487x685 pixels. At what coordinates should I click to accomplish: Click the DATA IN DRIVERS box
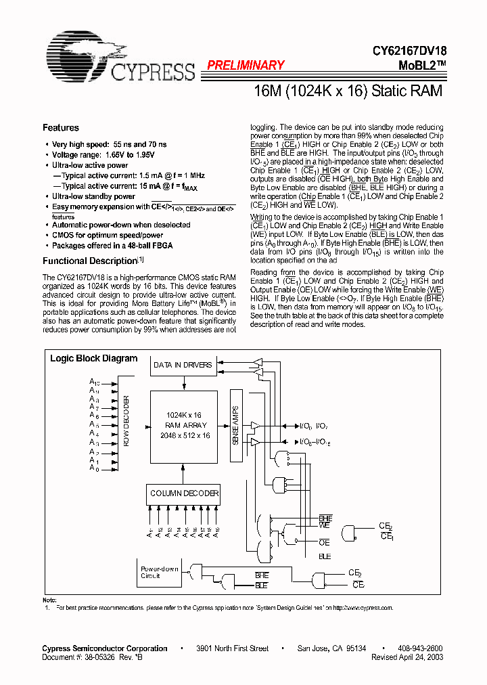(183, 365)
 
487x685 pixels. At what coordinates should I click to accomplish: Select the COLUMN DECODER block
(184, 493)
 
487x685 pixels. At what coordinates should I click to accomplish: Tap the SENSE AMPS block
(236, 426)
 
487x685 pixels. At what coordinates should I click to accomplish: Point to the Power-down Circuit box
(160, 572)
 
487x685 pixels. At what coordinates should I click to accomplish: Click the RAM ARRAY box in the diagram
(183, 426)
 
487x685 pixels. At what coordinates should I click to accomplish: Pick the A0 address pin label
(94, 469)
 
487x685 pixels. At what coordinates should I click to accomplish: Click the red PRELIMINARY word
(245, 66)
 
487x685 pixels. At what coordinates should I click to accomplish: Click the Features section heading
(61, 128)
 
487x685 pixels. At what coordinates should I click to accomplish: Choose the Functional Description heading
(90, 261)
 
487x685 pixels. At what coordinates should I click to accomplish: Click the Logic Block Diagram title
(94, 359)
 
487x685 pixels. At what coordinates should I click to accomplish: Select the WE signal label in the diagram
(325, 525)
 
